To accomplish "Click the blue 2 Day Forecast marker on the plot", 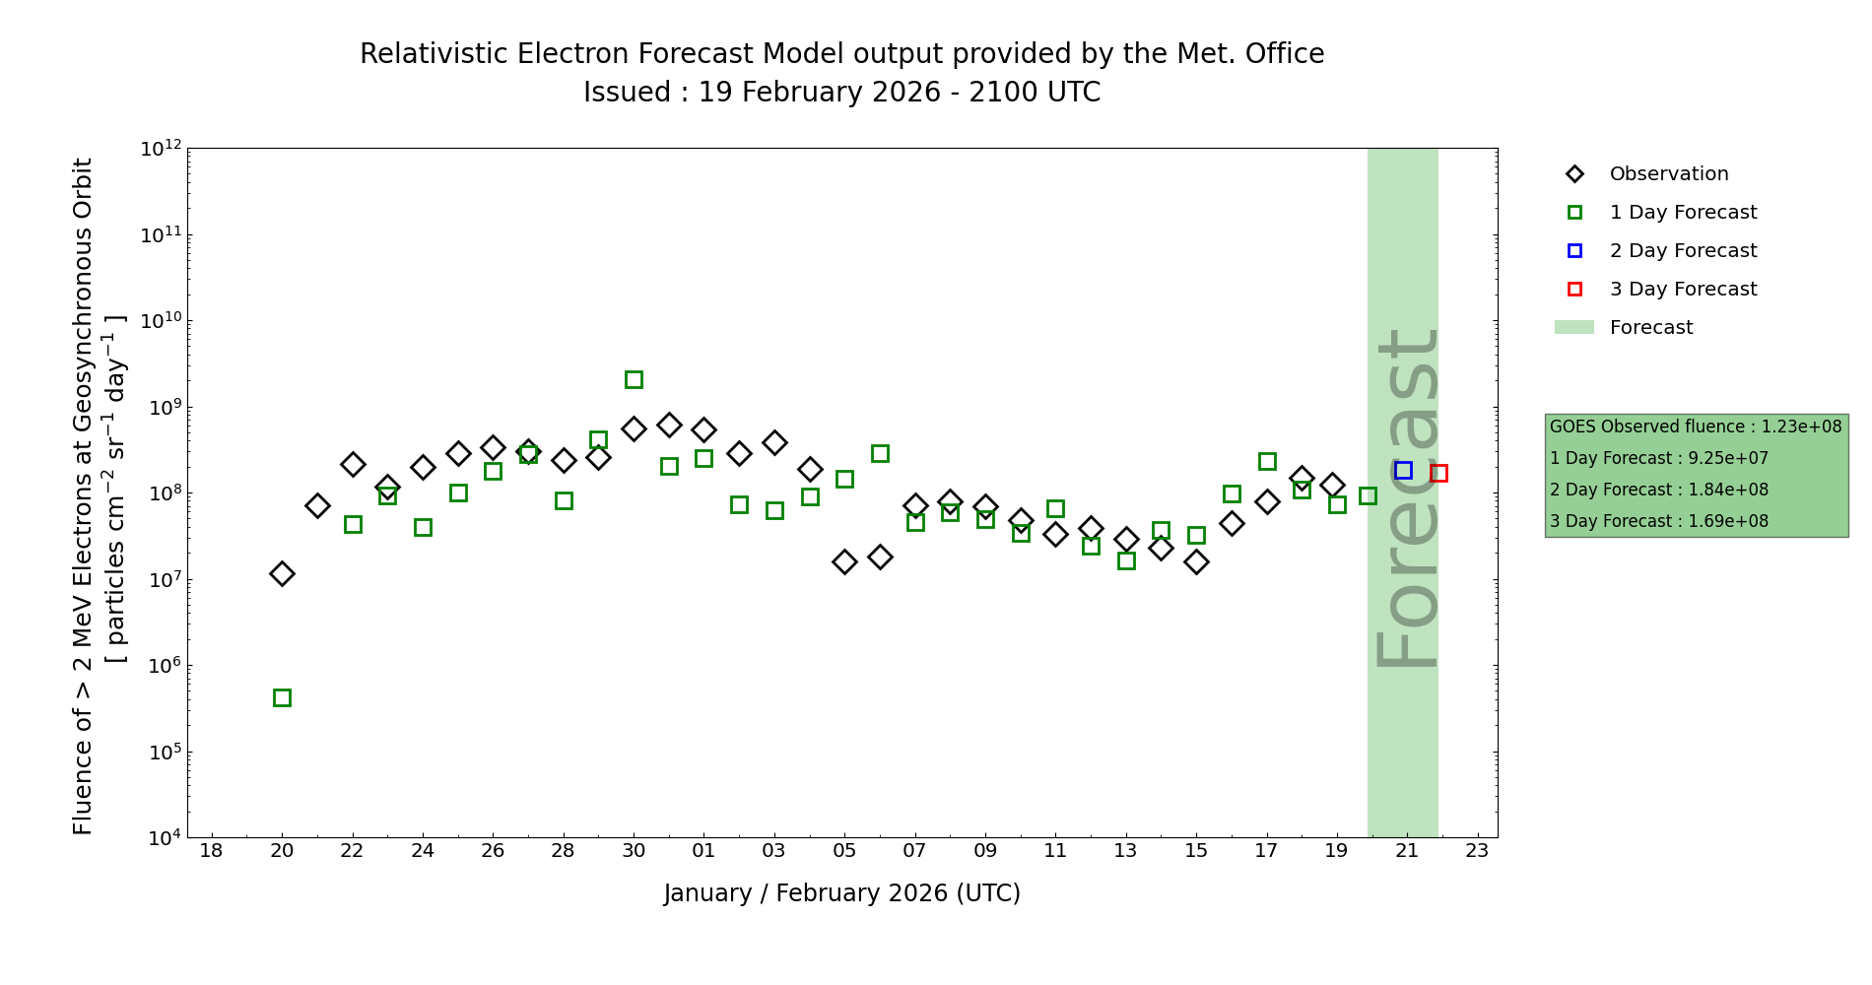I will (x=1403, y=471).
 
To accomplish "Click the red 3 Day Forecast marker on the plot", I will (x=1438, y=474).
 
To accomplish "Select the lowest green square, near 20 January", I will (x=282, y=698).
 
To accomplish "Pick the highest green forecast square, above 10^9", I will (x=634, y=380).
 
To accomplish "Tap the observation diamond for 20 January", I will (x=282, y=573).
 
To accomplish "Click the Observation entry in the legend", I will (x=1668, y=174).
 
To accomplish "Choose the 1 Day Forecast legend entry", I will (x=1682, y=213).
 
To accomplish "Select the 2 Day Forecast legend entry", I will (x=1682, y=251).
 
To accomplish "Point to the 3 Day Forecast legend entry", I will (x=1682, y=290).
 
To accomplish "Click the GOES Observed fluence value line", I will (x=1695, y=427).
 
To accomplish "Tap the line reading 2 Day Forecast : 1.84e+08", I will (x=1658, y=491).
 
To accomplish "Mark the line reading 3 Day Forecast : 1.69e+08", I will (x=1658, y=522).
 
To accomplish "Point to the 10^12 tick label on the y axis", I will (x=161, y=149).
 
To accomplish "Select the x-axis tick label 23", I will (x=1477, y=851).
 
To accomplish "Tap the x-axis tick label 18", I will (x=211, y=851).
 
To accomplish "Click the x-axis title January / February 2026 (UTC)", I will (x=841, y=893).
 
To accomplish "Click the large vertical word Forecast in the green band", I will (x=1406, y=497).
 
